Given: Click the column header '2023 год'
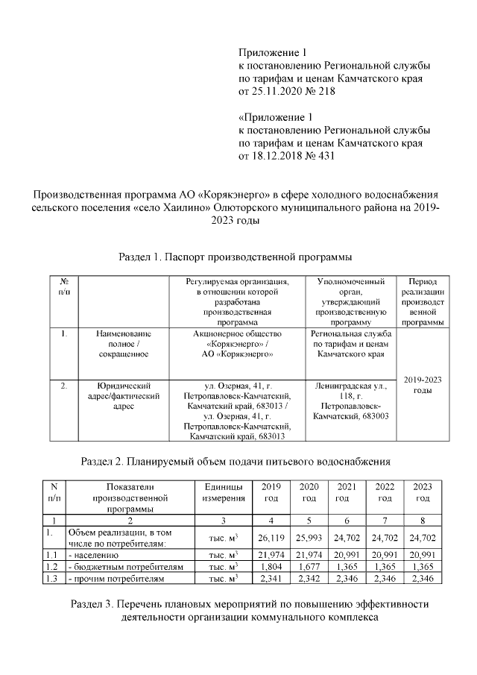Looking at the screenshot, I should click(x=423, y=492).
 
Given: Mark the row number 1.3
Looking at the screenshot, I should click(x=51, y=577).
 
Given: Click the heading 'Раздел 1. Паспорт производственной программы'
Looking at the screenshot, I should click(x=236, y=257).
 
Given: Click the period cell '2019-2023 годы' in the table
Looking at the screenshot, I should click(x=423, y=385).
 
